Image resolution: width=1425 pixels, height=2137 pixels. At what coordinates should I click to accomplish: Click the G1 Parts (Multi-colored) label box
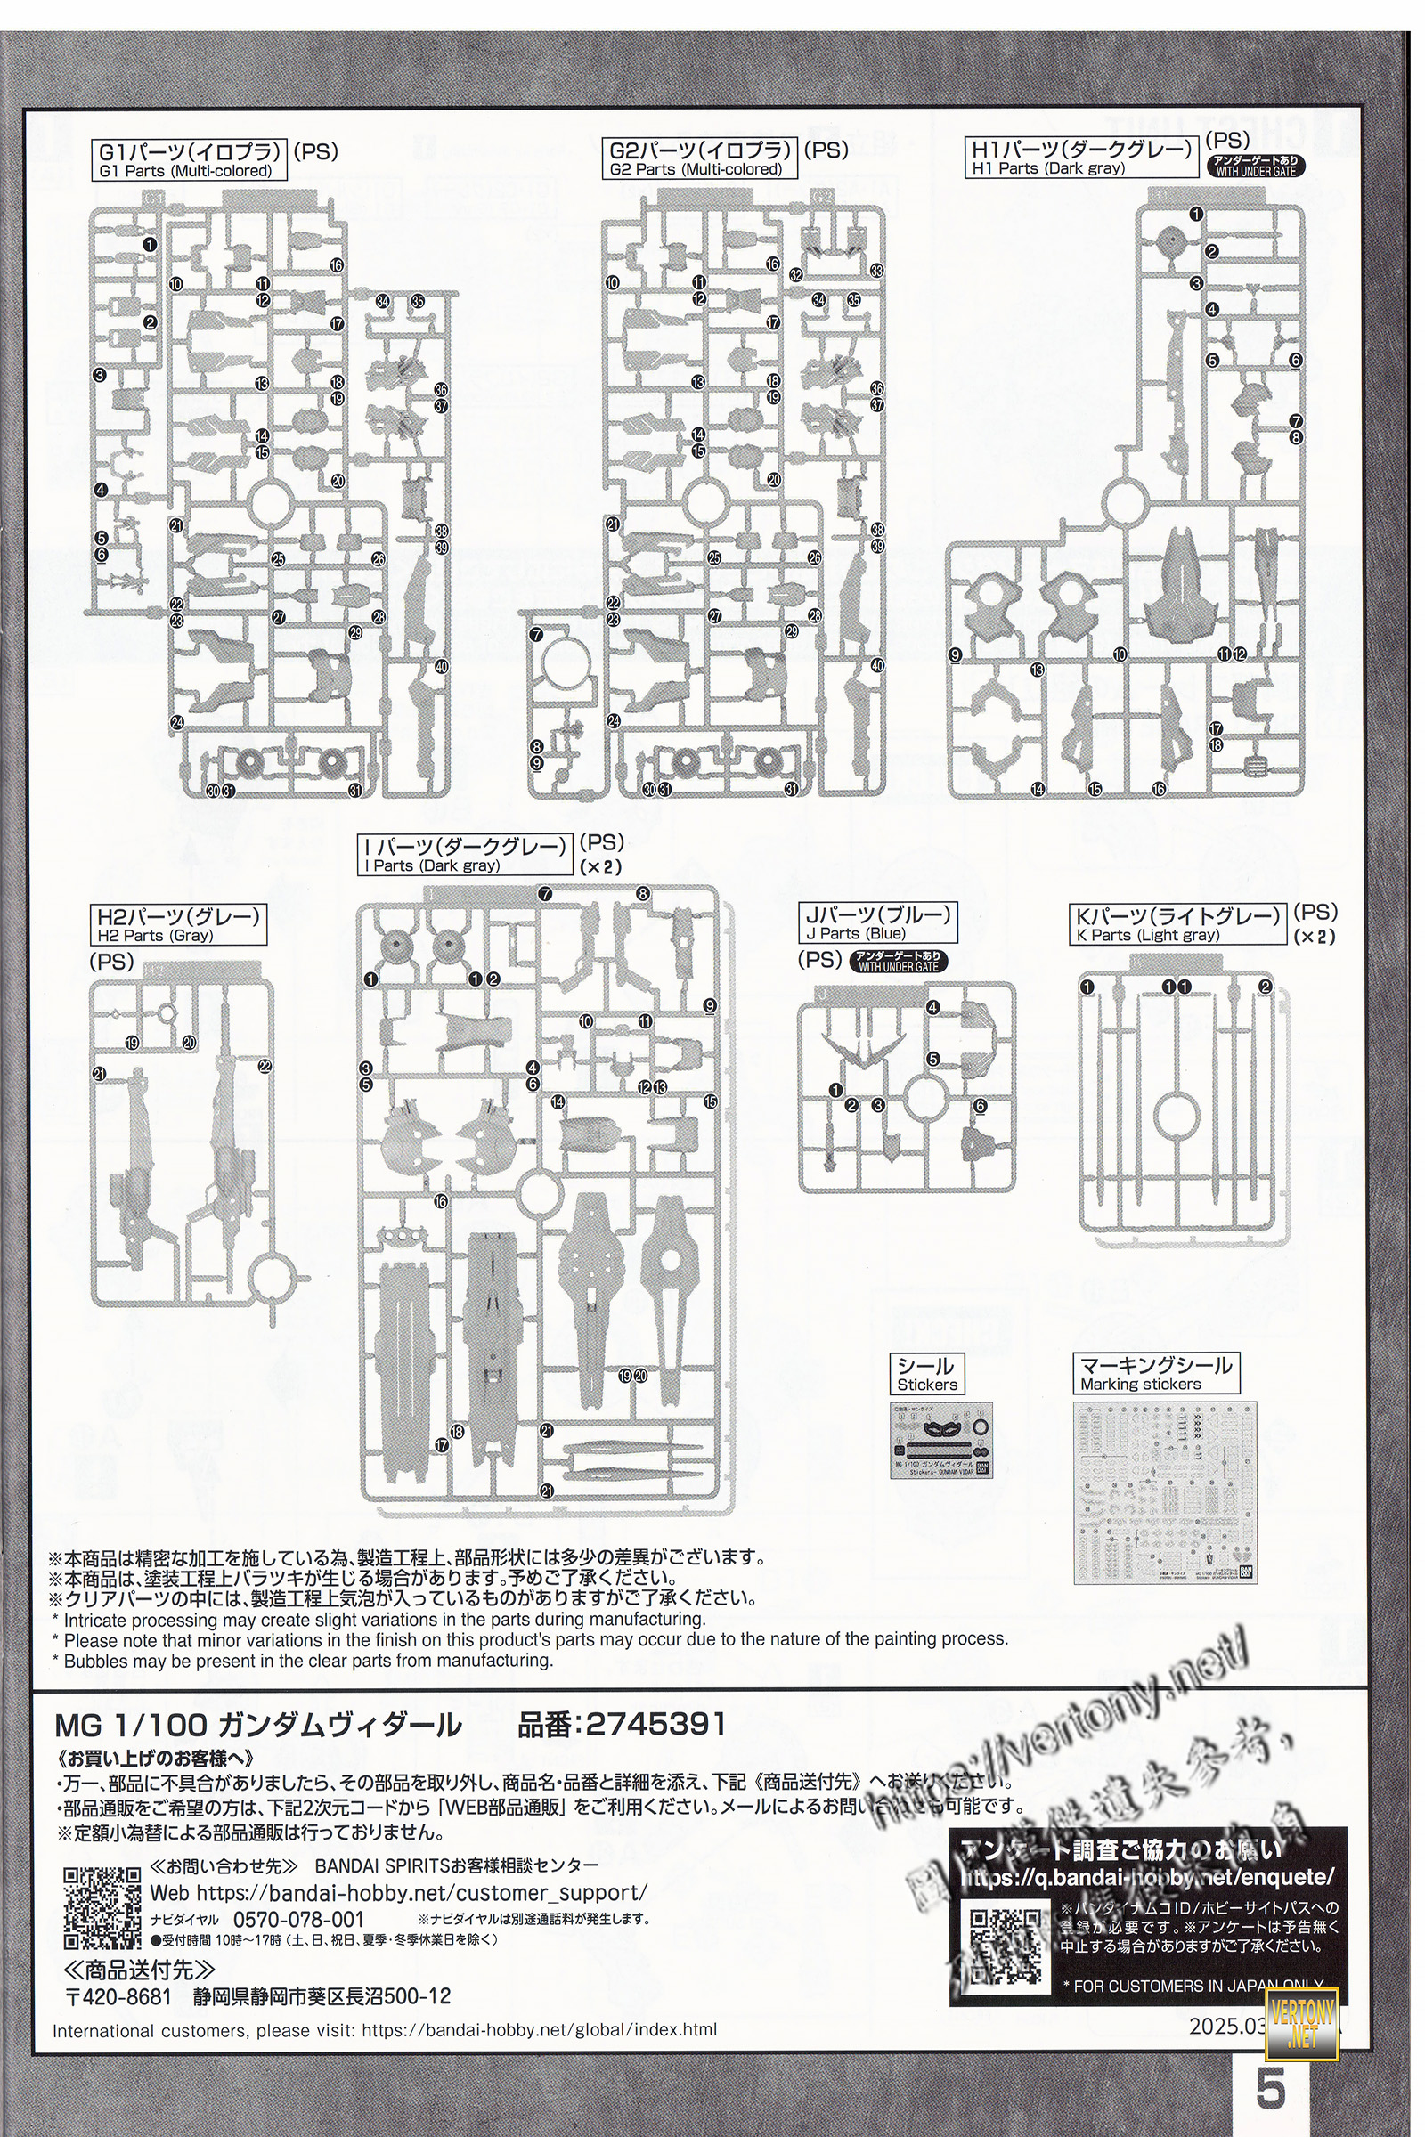189,160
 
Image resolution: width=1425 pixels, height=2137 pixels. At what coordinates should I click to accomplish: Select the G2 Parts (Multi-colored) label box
700,158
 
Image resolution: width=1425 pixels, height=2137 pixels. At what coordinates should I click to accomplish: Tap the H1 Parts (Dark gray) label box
1080,158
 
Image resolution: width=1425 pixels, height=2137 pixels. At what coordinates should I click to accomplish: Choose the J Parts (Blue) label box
878,922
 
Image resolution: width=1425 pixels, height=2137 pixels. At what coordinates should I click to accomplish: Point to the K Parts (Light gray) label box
1178,925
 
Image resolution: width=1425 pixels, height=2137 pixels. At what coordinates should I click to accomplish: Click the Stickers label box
927,1375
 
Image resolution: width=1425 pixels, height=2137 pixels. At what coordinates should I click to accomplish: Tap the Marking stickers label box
1154,1374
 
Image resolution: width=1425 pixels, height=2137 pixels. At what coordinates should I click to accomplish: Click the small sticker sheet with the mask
941,1440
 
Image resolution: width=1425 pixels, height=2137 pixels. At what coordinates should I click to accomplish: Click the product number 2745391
655,1724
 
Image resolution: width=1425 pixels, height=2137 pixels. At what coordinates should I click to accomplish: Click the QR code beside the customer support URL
102,1908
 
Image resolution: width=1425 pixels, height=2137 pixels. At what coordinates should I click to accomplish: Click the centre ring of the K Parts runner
1176,1114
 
